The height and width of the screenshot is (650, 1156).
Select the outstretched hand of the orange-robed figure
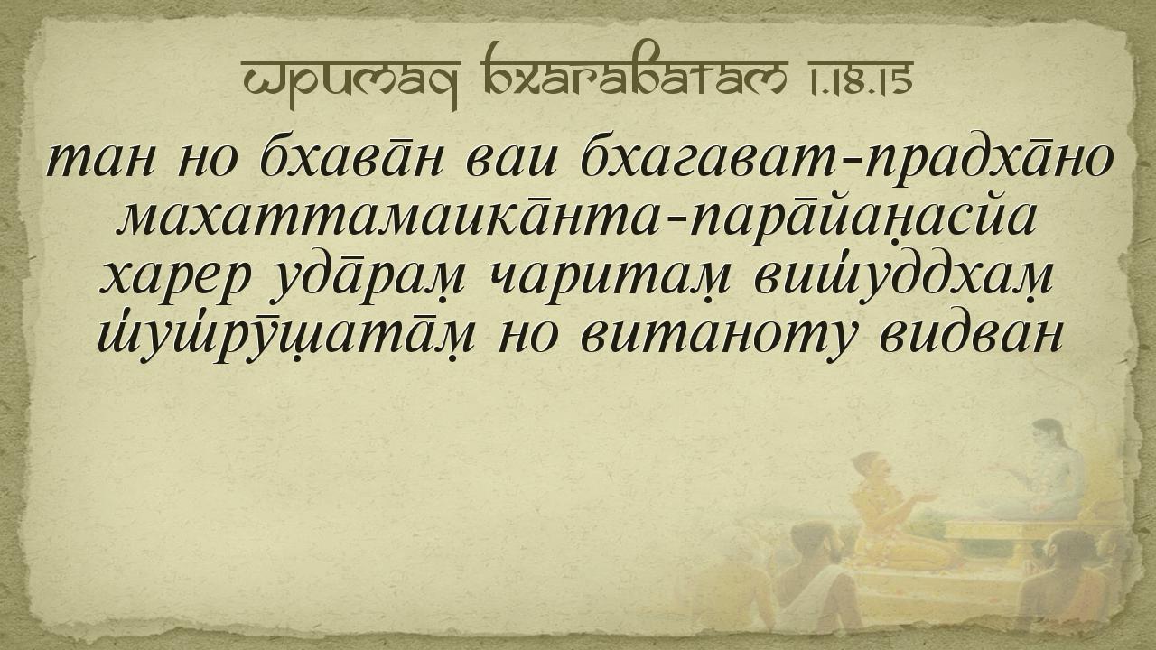[925, 497]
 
